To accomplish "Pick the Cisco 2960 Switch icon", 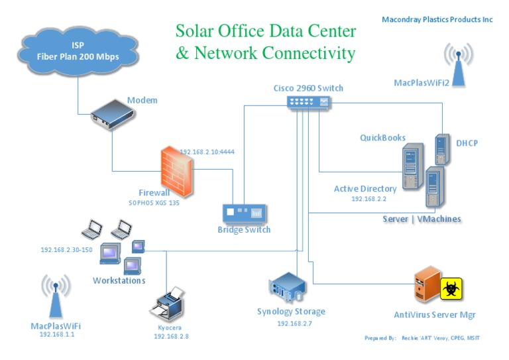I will pyautogui.click(x=308, y=101).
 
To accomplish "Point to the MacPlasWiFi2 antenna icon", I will pyautogui.click(x=459, y=64).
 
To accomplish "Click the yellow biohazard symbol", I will pyautogui.click(x=452, y=288).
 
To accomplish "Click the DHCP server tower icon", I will pyautogui.click(x=441, y=149).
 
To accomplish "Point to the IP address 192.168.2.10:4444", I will pyautogui.click(x=207, y=152).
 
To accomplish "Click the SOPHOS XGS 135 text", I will pyautogui.click(x=154, y=203).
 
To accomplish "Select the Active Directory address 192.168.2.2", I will pyautogui.click(x=368, y=198).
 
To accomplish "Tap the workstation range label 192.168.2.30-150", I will pyautogui.click(x=66, y=249).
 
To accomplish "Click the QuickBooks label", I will pyautogui.click(x=382, y=138).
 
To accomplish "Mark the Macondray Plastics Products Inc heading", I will pyautogui.click(x=437, y=20).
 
